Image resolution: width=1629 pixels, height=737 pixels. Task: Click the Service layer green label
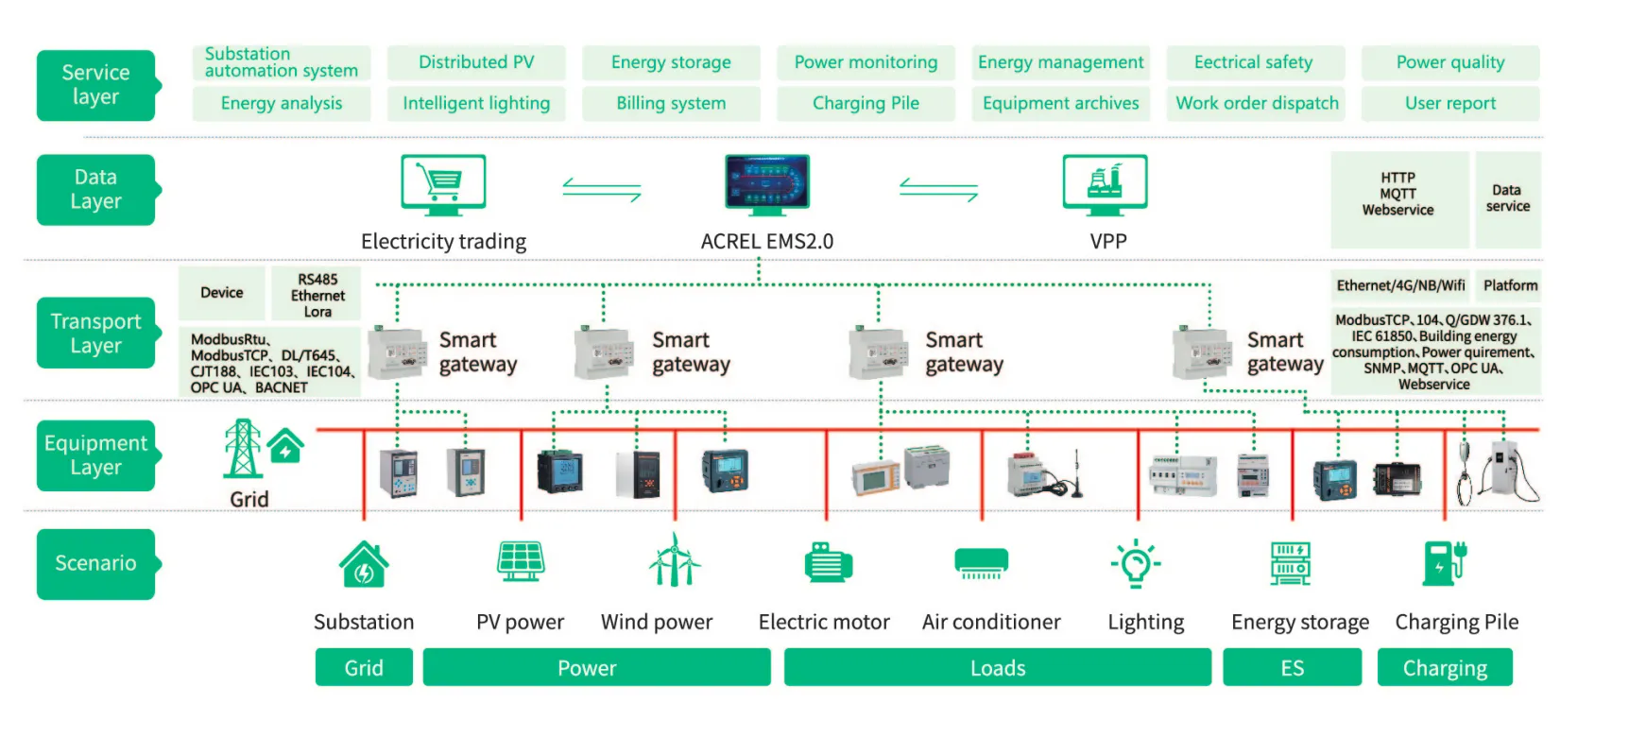[x=95, y=85]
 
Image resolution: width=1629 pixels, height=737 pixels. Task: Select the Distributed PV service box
[x=476, y=62]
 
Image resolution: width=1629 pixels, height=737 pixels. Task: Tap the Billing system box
[x=671, y=104]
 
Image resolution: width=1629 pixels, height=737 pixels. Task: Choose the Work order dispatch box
[x=1257, y=104]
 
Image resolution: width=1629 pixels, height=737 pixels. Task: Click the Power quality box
[x=1450, y=62]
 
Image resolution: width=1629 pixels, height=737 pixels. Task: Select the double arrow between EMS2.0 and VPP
[x=938, y=190]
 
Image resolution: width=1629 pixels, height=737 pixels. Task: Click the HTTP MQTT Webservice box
[x=1398, y=195]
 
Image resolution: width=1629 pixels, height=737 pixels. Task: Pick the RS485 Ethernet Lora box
[x=317, y=295]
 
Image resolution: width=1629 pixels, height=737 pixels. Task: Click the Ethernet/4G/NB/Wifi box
[x=1400, y=285]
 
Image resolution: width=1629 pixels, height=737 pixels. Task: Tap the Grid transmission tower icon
[x=243, y=448]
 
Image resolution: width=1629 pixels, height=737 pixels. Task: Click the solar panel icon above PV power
[x=521, y=560]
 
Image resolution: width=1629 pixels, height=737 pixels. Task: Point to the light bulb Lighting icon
[x=1135, y=563]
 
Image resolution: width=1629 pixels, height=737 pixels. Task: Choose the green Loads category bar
[x=997, y=668]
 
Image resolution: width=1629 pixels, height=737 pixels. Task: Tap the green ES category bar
[x=1292, y=668]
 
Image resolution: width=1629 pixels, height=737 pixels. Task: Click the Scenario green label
[x=95, y=564]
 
